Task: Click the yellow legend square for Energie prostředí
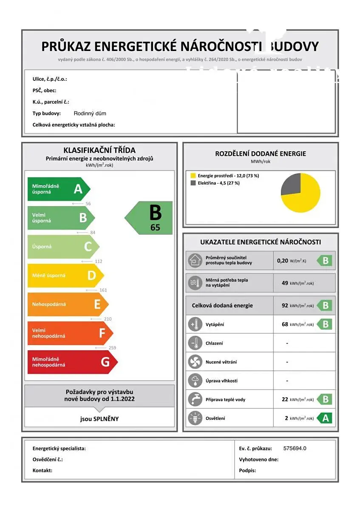[x=193, y=176]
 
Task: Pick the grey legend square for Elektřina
[x=193, y=183]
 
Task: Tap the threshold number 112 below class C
[x=98, y=261]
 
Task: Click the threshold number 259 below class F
[x=112, y=348]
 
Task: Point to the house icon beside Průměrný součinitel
[x=195, y=260]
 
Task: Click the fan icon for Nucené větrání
[x=195, y=362]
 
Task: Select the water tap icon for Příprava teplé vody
[x=195, y=399]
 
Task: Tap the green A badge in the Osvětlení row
[x=325, y=418]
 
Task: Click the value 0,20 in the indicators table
[x=282, y=261]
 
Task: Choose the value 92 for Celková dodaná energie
[x=285, y=306]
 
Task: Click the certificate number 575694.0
[x=295, y=448]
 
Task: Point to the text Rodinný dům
[x=90, y=113]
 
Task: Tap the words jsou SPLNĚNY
[x=99, y=419]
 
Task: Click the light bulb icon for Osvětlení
[x=195, y=418]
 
